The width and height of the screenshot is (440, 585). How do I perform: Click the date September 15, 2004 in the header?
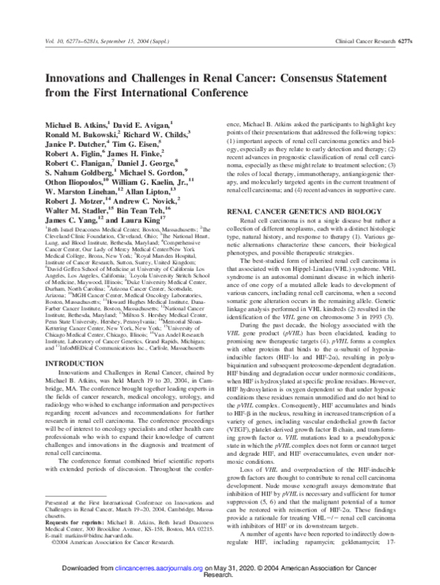click(x=120, y=45)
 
